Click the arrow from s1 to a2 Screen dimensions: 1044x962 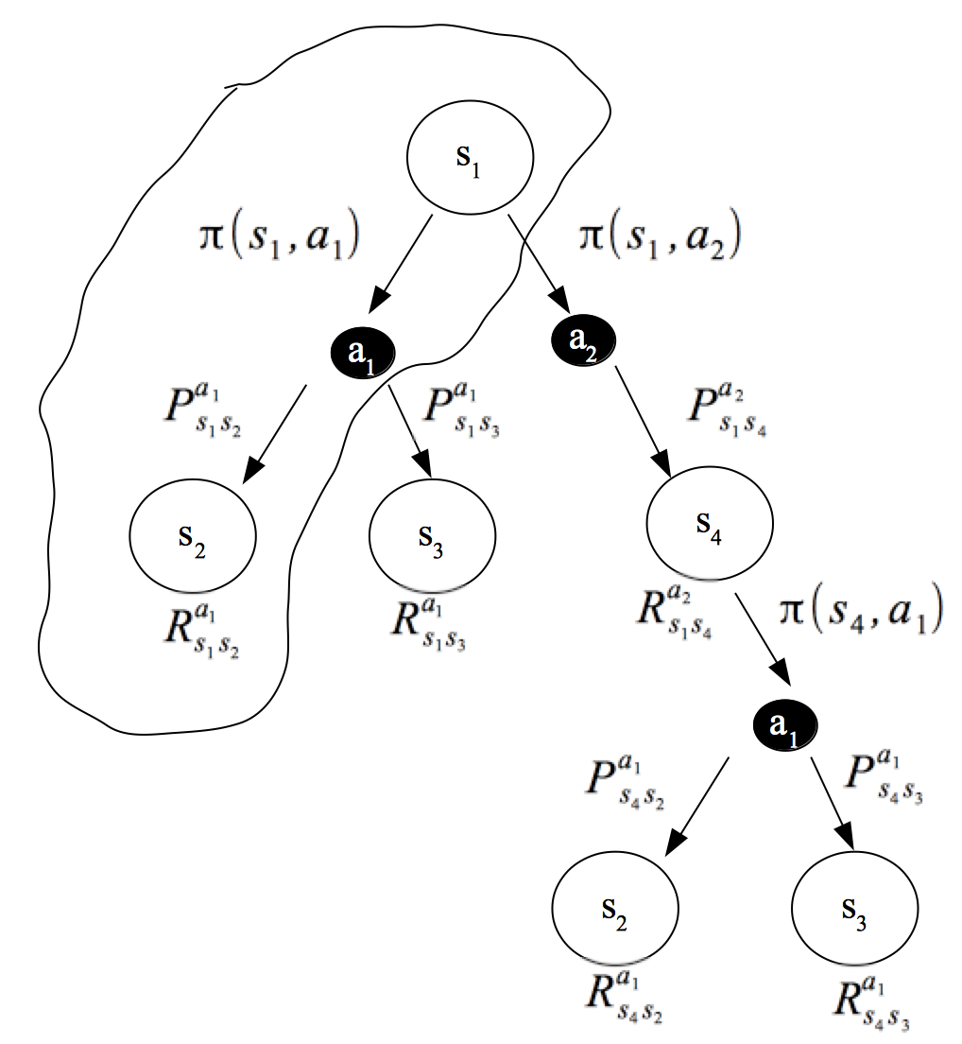pyautogui.click(x=538, y=264)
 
